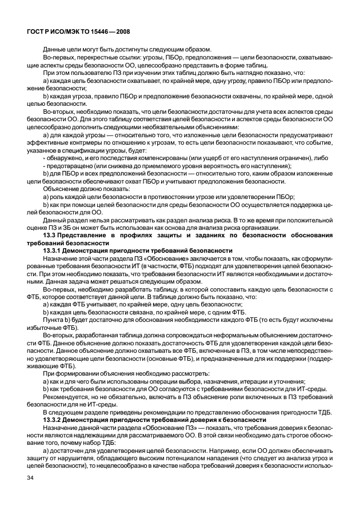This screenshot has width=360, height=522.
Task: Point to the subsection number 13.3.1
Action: (55, 251)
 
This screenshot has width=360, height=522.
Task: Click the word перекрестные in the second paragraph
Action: (98, 58)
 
